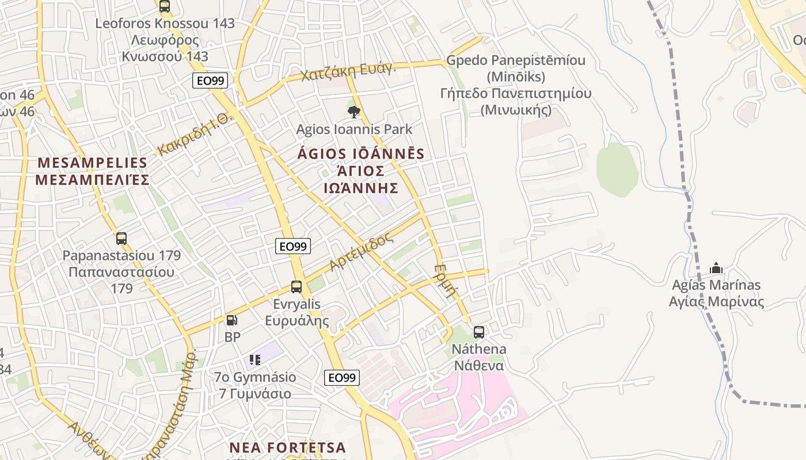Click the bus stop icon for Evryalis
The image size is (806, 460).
pos(296,286)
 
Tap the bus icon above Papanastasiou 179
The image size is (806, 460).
pos(121,238)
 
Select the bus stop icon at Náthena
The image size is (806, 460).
pos(479,332)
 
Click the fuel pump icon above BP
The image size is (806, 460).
pos(231,320)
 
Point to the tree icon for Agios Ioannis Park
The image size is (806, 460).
pos(354,112)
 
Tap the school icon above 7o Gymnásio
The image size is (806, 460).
pos(255,360)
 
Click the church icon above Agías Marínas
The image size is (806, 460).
pos(716,268)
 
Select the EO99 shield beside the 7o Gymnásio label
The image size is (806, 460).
pos(342,378)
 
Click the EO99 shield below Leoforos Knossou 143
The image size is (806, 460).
pos(211,81)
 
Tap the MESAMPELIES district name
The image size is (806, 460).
pos(92,163)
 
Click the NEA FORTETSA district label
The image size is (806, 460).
pos(288,447)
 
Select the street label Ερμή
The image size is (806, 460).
pos(445,281)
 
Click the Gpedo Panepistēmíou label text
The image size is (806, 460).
pos(516,60)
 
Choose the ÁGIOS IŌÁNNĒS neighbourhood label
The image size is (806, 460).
pos(361,154)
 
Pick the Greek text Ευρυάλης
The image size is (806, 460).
pos(297,321)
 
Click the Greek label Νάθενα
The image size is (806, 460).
pos(479,366)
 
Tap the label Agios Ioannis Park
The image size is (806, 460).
pos(354,129)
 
